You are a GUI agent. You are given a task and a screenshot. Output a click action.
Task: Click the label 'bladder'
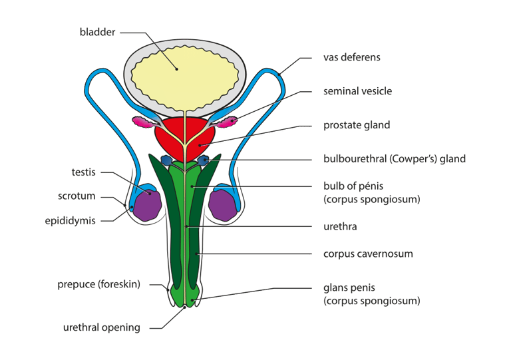click(97, 32)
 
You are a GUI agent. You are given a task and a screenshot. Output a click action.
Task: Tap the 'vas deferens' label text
click(351, 57)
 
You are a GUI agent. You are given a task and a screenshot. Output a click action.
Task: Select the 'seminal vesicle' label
click(357, 91)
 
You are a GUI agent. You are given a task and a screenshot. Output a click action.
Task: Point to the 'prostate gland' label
click(356, 125)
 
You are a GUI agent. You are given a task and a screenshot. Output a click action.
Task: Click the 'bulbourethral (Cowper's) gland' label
click(394, 159)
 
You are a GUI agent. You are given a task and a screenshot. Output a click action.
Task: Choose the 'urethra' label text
click(340, 227)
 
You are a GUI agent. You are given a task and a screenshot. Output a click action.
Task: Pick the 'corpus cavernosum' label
click(368, 254)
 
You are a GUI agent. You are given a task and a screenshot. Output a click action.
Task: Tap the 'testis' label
click(83, 172)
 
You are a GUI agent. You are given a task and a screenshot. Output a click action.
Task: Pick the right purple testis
click(223, 203)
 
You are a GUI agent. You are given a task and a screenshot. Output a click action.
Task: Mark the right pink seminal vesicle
click(227, 122)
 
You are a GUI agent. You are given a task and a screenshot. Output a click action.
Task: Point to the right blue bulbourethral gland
click(204, 160)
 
